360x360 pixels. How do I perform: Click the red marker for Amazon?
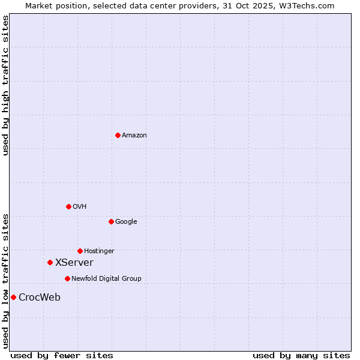[x=118, y=135]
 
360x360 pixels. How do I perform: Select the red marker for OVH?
[x=68, y=206]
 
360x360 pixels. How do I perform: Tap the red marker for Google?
[x=111, y=221]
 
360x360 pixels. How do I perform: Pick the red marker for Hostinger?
[x=80, y=251]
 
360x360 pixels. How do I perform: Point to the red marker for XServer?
[x=50, y=262]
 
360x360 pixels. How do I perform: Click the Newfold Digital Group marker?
[x=67, y=278]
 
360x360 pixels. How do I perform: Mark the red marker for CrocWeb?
[x=13, y=297]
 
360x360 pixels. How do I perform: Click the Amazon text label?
[x=134, y=136]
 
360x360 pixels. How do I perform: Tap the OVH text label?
[x=80, y=207]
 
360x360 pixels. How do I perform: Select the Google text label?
[x=126, y=222]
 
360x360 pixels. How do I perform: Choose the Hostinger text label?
[x=99, y=251]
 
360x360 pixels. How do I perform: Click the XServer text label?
[x=74, y=263]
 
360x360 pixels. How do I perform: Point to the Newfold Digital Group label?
[x=106, y=279]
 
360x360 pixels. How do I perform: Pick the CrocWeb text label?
[x=40, y=298]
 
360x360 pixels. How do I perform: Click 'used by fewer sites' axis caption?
[x=62, y=356]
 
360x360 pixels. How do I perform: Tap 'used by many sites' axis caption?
[x=301, y=356]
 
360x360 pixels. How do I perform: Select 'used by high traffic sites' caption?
[x=5, y=85]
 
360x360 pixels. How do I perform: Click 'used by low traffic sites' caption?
[x=5, y=281]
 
